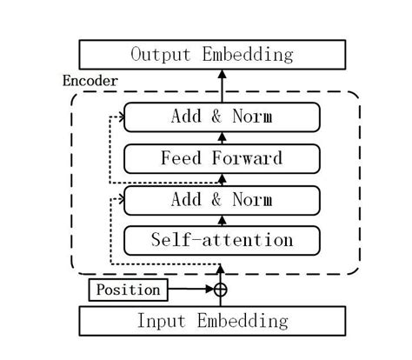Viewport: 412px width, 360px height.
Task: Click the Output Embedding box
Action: [x=212, y=54]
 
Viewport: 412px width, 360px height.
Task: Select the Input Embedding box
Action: [x=212, y=320]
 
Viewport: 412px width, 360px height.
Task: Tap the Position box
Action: [x=128, y=290]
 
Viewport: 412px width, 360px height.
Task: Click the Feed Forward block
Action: [x=222, y=158]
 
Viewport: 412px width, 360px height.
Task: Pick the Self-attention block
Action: [x=222, y=239]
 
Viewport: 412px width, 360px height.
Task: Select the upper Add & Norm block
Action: [x=222, y=117]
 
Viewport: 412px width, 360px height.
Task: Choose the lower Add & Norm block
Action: [x=222, y=200]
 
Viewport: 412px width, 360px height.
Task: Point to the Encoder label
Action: [x=90, y=81]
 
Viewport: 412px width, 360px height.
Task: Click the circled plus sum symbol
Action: [x=221, y=290]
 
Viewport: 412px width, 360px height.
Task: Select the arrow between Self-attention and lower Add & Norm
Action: [x=221, y=220]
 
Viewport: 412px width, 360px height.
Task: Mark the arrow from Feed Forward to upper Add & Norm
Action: [x=221, y=137]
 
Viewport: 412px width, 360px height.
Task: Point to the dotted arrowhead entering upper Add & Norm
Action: [x=120, y=117]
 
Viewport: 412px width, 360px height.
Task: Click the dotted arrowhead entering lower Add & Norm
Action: [x=120, y=200]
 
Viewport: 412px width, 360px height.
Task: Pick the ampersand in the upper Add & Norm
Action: [x=218, y=117]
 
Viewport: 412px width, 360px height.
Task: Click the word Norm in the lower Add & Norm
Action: [x=252, y=200]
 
